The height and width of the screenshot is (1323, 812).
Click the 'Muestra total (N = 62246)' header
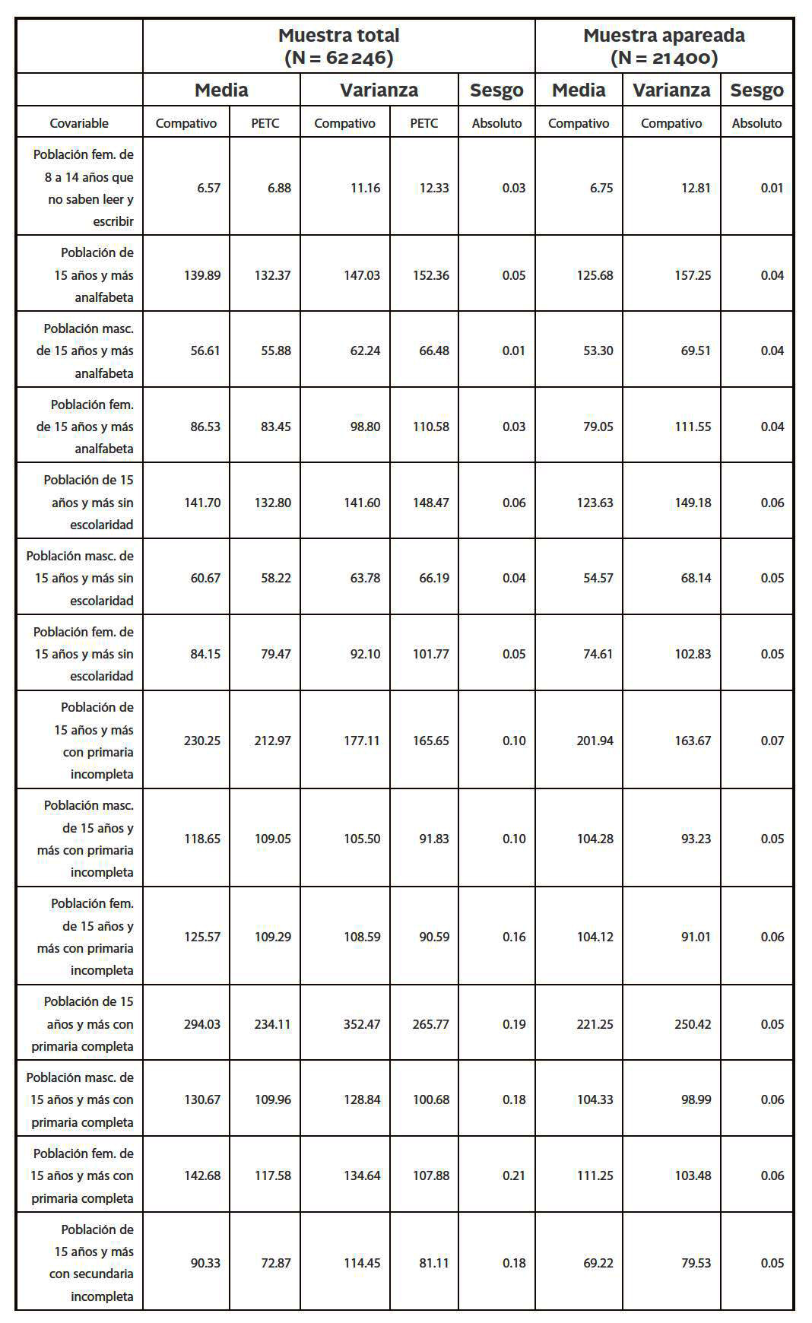point(338,46)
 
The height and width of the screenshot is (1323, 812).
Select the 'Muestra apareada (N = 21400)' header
point(664,46)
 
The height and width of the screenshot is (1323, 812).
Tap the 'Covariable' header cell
point(79,123)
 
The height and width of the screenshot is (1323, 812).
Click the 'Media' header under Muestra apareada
point(579,90)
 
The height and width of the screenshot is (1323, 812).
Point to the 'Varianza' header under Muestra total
point(379,90)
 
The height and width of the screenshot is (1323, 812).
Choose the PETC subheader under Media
point(265,123)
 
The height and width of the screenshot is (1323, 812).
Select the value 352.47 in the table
point(362,1024)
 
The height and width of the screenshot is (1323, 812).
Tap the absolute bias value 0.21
point(514,1175)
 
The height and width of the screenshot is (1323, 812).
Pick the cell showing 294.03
point(202,1024)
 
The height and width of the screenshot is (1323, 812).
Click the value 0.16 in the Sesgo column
point(514,937)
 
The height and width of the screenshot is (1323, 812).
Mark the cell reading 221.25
point(595,1024)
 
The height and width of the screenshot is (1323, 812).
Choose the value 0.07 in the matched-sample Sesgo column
point(772,741)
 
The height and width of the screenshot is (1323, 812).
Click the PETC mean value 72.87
point(272,1263)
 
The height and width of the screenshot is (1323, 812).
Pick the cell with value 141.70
point(202,503)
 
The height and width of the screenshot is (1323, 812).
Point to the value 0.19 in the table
point(514,1024)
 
